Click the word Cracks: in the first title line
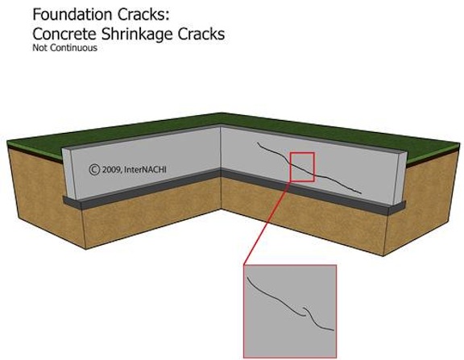coord(143,14)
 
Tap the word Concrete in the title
coord(64,34)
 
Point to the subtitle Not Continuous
coord(64,48)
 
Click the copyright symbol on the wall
coord(94,169)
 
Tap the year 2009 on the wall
coord(111,169)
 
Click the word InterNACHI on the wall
coord(145,169)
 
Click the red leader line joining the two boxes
coord(267,222)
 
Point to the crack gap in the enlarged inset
coord(304,311)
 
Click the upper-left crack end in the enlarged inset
coord(246,276)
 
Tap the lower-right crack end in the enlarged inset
coord(333,330)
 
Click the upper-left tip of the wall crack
coord(257,143)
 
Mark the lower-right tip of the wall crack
coord(361,193)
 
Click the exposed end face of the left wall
coord(68,173)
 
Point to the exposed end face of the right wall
coord(400,178)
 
